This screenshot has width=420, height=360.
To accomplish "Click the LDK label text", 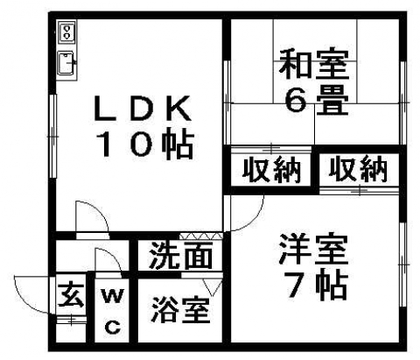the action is [143, 109].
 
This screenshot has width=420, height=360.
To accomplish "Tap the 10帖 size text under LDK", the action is [146, 145].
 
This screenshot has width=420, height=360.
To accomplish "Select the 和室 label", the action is [314, 65].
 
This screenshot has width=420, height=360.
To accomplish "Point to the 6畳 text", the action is [316, 99].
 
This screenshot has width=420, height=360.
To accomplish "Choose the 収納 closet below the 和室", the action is [271, 170].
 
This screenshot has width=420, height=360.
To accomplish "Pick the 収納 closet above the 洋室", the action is [359, 169].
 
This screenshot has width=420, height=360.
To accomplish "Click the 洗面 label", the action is [180, 256].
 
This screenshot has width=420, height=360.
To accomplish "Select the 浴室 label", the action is [181, 310].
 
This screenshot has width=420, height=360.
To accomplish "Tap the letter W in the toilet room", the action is [113, 296].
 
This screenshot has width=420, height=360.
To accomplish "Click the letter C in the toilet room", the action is [113, 327].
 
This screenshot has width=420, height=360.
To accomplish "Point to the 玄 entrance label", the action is [71, 294].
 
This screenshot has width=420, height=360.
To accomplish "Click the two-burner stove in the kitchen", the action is [67, 32].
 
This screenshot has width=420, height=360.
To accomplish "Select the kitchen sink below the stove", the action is [66, 63].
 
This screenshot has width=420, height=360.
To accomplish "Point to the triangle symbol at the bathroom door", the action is [213, 287].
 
